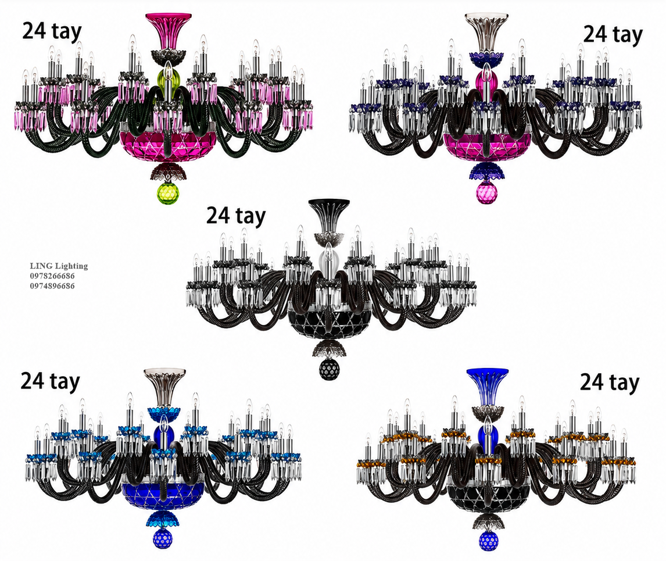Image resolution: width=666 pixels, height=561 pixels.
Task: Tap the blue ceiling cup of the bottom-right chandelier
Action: [487, 385]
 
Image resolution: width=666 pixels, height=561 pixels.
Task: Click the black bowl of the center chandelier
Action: [329, 323]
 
